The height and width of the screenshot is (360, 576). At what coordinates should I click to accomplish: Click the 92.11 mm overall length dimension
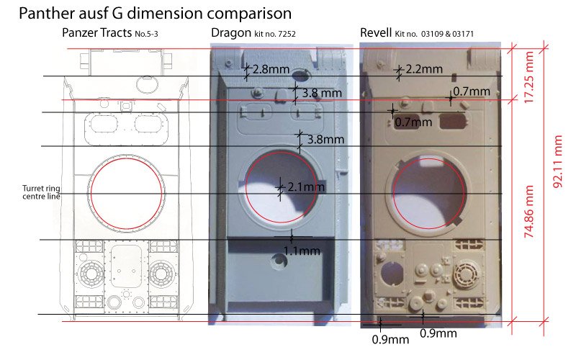pyautogui.click(x=557, y=161)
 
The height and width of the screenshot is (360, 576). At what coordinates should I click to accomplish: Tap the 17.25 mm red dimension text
pyautogui.click(x=528, y=77)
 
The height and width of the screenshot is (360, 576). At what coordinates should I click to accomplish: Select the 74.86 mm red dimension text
pyautogui.click(x=528, y=211)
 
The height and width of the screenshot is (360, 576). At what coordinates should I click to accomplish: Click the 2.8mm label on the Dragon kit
pyautogui.click(x=271, y=69)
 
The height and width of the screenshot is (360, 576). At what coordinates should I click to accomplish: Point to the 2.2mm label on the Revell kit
pyautogui.click(x=424, y=68)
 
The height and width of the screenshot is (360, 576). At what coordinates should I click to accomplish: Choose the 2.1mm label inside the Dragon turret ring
pyautogui.click(x=306, y=186)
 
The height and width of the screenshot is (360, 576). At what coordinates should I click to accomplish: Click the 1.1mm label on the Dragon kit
pyautogui.click(x=302, y=251)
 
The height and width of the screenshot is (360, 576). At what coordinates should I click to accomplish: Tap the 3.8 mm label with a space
pyautogui.click(x=322, y=93)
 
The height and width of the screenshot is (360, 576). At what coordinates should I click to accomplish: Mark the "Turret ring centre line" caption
pyautogui.click(x=41, y=192)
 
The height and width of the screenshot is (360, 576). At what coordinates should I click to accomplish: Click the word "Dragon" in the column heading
pyautogui.click(x=231, y=33)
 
